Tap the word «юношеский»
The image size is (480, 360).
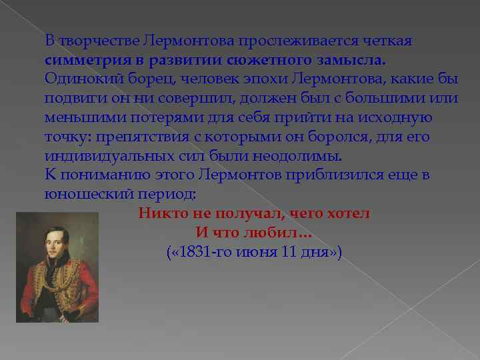[79, 195]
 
